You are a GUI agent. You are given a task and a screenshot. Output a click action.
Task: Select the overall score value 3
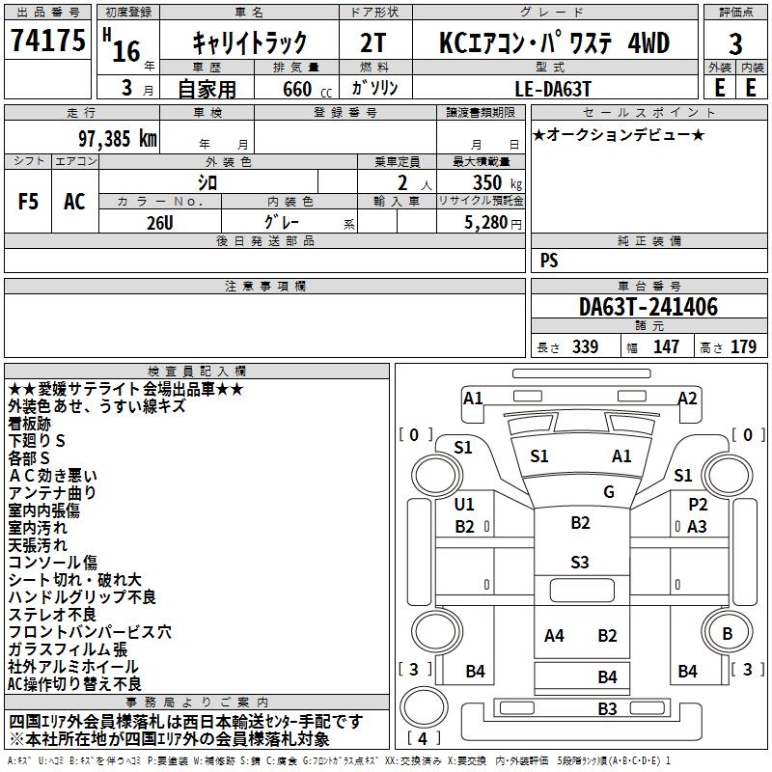[x=735, y=44]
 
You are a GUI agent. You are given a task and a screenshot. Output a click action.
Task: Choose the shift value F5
[x=28, y=201]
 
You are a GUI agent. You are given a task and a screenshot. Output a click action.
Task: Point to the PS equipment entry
[x=549, y=261]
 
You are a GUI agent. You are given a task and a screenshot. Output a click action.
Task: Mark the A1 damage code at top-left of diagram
[x=473, y=399]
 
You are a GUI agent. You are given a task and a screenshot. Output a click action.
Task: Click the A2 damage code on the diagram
[x=687, y=399]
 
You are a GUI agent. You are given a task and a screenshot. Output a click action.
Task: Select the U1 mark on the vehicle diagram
[x=464, y=505]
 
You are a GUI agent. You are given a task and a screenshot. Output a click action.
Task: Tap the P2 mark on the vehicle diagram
[x=698, y=505]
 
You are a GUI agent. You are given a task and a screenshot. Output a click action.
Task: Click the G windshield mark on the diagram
[x=609, y=492]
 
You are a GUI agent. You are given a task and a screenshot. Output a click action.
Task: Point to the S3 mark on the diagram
[x=579, y=562]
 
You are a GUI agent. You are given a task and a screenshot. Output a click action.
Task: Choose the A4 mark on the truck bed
[x=554, y=635]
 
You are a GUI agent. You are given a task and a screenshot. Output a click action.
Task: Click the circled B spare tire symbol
[x=727, y=634]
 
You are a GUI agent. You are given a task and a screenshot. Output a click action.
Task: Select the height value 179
[x=743, y=346]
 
